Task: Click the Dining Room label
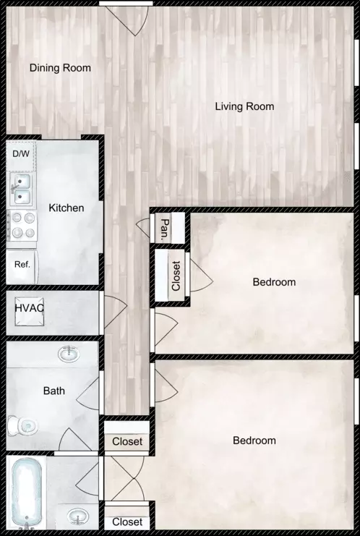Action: pos(60,68)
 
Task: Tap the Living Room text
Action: pos(244,106)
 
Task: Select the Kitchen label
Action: pos(67,208)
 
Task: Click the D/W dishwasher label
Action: pos(21,154)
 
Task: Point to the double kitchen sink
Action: pos(21,189)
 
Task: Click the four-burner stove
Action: pos(22,226)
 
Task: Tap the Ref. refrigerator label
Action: pos(22,264)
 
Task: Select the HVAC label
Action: pos(30,308)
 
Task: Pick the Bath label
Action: pos(54,391)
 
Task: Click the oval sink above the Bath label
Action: pos(69,354)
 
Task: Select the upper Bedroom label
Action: pos(274,282)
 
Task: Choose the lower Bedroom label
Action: pos(254,441)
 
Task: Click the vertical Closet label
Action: pos(176,276)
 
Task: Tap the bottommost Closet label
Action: pos(127,522)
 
